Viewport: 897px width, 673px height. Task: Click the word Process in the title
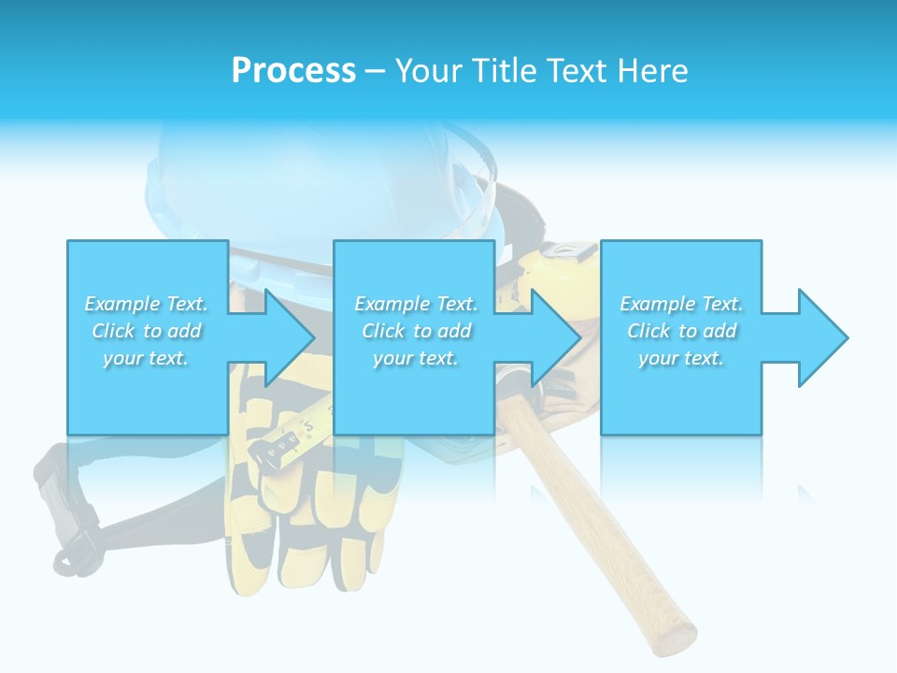(293, 71)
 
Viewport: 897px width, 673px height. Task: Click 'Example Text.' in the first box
(147, 304)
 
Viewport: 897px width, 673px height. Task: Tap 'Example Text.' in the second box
(416, 304)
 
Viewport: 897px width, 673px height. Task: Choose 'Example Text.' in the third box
(681, 304)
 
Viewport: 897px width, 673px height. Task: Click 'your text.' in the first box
(147, 358)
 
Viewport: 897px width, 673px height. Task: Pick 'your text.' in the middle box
(416, 358)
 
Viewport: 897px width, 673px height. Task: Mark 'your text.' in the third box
(681, 358)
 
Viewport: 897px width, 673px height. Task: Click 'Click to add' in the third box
(681, 331)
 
